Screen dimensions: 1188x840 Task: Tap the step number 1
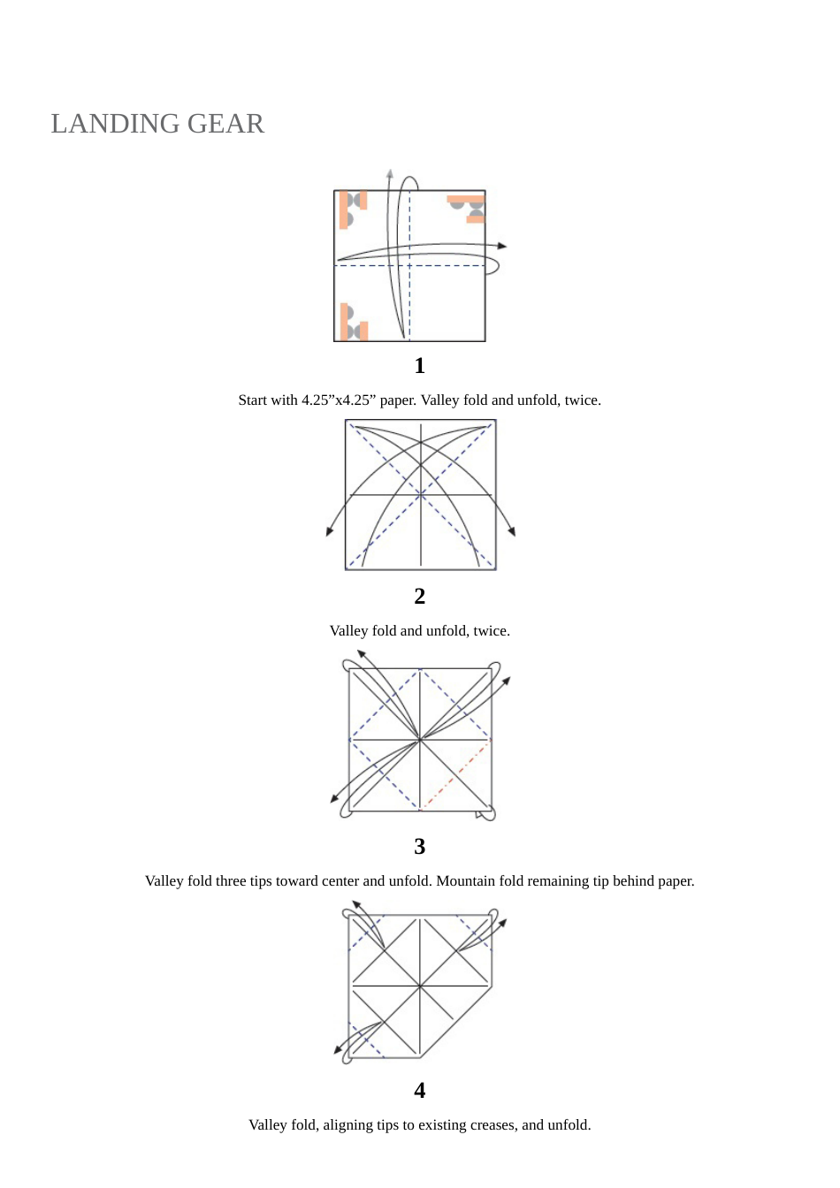click(x=419, y=366)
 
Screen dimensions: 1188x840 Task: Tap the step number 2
click(x=419, y=597)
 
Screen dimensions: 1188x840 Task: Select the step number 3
click(x=419, y=847)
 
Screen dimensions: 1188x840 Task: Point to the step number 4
click(x=419, y=1091)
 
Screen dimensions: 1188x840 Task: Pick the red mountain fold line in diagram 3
click(x=455, y=775)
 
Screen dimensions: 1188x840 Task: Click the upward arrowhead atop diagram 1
click(x=389, y=173)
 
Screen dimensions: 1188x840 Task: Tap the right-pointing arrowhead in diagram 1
click(x=501, y=246)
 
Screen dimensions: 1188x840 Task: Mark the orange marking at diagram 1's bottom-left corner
click(x=352, y=324)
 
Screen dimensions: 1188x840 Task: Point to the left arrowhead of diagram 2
click(x=330, y=531)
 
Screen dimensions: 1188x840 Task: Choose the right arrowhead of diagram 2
click(x=512, y=531)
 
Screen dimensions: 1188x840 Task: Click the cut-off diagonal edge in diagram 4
click(x=455, y=1022)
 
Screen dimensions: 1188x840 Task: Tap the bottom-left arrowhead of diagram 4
click(x=338, y=1049)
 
